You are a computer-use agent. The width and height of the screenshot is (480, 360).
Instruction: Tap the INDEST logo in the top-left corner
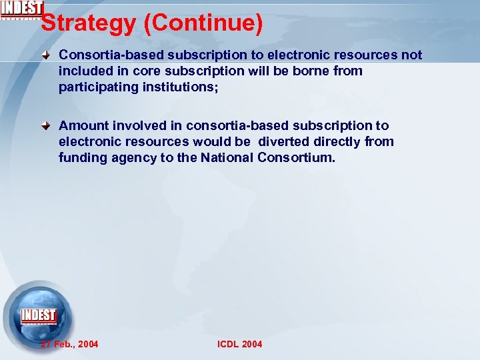coord(21,9)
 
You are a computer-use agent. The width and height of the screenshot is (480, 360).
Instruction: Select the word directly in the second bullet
coord(338,141)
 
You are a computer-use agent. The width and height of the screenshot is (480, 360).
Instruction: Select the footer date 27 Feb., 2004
coord(69,344)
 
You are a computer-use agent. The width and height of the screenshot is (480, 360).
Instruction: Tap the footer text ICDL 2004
coord(240,344)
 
